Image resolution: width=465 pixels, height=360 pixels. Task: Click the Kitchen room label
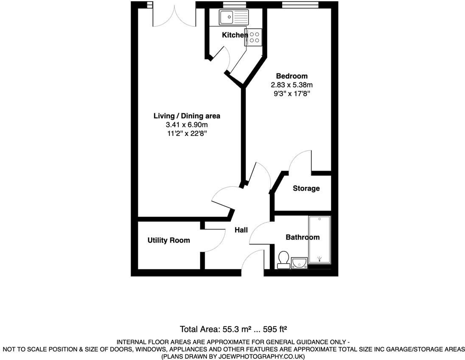click(x=235, y=35)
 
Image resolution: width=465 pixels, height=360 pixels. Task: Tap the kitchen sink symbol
click(x=233, y=17)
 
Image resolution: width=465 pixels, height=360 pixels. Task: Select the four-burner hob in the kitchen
click(x=255, y=37)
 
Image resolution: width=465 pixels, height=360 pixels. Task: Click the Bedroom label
click(x=291, y=76)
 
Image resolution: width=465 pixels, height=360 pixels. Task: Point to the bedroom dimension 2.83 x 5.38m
click(x=291, y=85)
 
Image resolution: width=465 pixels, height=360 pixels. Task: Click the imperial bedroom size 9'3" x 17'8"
click(x=291, y=93)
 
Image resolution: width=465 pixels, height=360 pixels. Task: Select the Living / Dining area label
click(x=187, y=116)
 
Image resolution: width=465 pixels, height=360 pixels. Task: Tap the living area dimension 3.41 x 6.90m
click(x=187, y=125)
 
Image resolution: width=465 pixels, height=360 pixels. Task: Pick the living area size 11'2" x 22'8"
click(x=187, y=133)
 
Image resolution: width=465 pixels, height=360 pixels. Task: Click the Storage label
click(x=306, y=188)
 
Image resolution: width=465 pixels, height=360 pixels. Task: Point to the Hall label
click(x=241, y=230)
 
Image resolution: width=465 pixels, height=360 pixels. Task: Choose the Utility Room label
click(x=168, y=240)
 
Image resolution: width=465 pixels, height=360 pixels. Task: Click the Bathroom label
click(x=302, y=237)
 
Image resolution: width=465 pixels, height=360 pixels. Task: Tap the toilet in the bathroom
click(x=283, y=259)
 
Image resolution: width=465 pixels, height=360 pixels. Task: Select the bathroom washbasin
click(x=300, y=264)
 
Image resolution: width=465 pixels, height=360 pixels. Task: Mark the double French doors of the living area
click(x=174, y=15)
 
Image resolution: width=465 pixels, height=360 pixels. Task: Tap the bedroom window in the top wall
click(x=300, y=5)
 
